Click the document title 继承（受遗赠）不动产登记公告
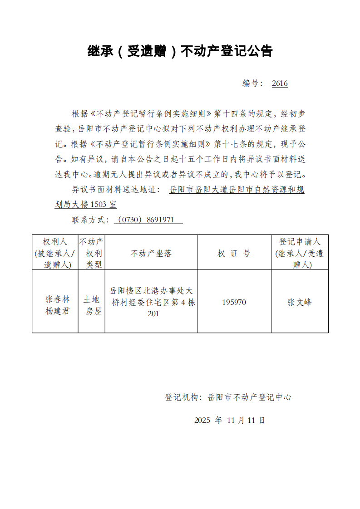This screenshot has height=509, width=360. click(180, 51)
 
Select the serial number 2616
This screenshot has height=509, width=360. click(280, 83)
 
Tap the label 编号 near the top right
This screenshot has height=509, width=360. click(250, 83)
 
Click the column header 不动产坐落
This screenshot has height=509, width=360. click(151, 253)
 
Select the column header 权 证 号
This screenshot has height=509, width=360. click(234, 253)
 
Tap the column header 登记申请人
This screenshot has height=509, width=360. click(300, 242)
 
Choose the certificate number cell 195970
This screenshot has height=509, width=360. click(234, 302)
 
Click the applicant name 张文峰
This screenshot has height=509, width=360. click(300, 302)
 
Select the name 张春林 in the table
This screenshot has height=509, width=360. click(58, 299)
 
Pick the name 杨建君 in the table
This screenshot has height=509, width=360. click(58, 311)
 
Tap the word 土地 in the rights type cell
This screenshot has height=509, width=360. click(91, 299)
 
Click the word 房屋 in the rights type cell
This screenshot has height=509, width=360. click(91, 311)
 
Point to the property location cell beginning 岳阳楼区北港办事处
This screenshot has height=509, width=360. click(151, 302)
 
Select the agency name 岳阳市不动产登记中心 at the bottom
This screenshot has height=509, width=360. click(249, 397)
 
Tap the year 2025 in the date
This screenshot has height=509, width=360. click(202, 420)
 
